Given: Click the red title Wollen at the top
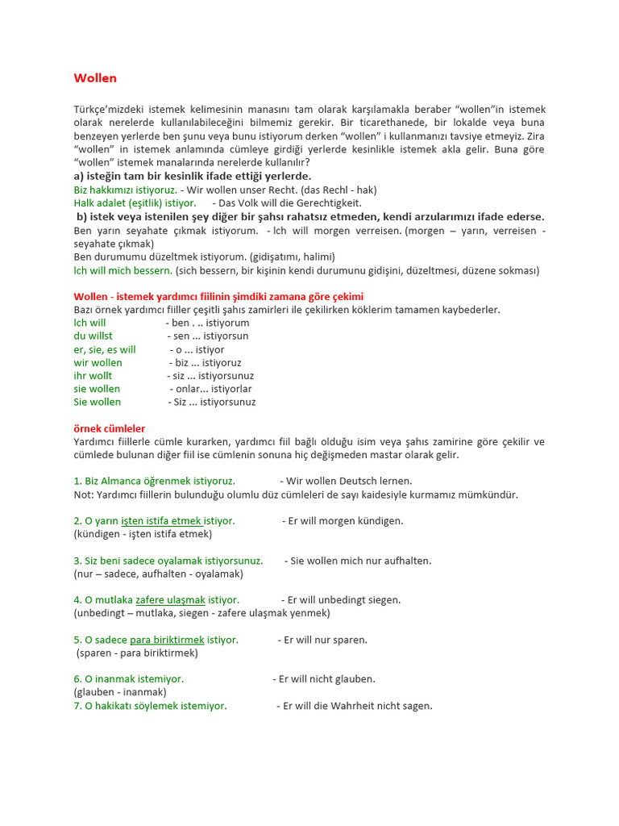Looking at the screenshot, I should pos(95,78).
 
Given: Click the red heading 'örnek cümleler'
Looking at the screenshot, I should pos(110,428).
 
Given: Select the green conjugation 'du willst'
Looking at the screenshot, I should pos(93,336).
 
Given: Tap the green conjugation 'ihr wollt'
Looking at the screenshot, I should pos(93,375).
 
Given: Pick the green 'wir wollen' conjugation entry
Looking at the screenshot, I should pos(98,362).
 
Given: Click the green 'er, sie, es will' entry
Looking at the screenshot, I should pos(105,349).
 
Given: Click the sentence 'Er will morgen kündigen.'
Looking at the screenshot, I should pos(343,521).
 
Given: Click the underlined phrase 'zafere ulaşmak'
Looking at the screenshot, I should pos(170,600).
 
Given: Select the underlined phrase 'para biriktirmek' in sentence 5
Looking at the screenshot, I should pos(167,640).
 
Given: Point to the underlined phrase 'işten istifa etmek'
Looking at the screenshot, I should pos(161,521).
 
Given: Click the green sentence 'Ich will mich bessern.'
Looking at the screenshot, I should pos(123,270).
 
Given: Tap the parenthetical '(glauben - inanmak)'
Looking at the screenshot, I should pos(120,692).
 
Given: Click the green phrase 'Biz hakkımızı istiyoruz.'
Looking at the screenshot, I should pos(125,190).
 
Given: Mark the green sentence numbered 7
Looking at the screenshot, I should pos(150,706).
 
